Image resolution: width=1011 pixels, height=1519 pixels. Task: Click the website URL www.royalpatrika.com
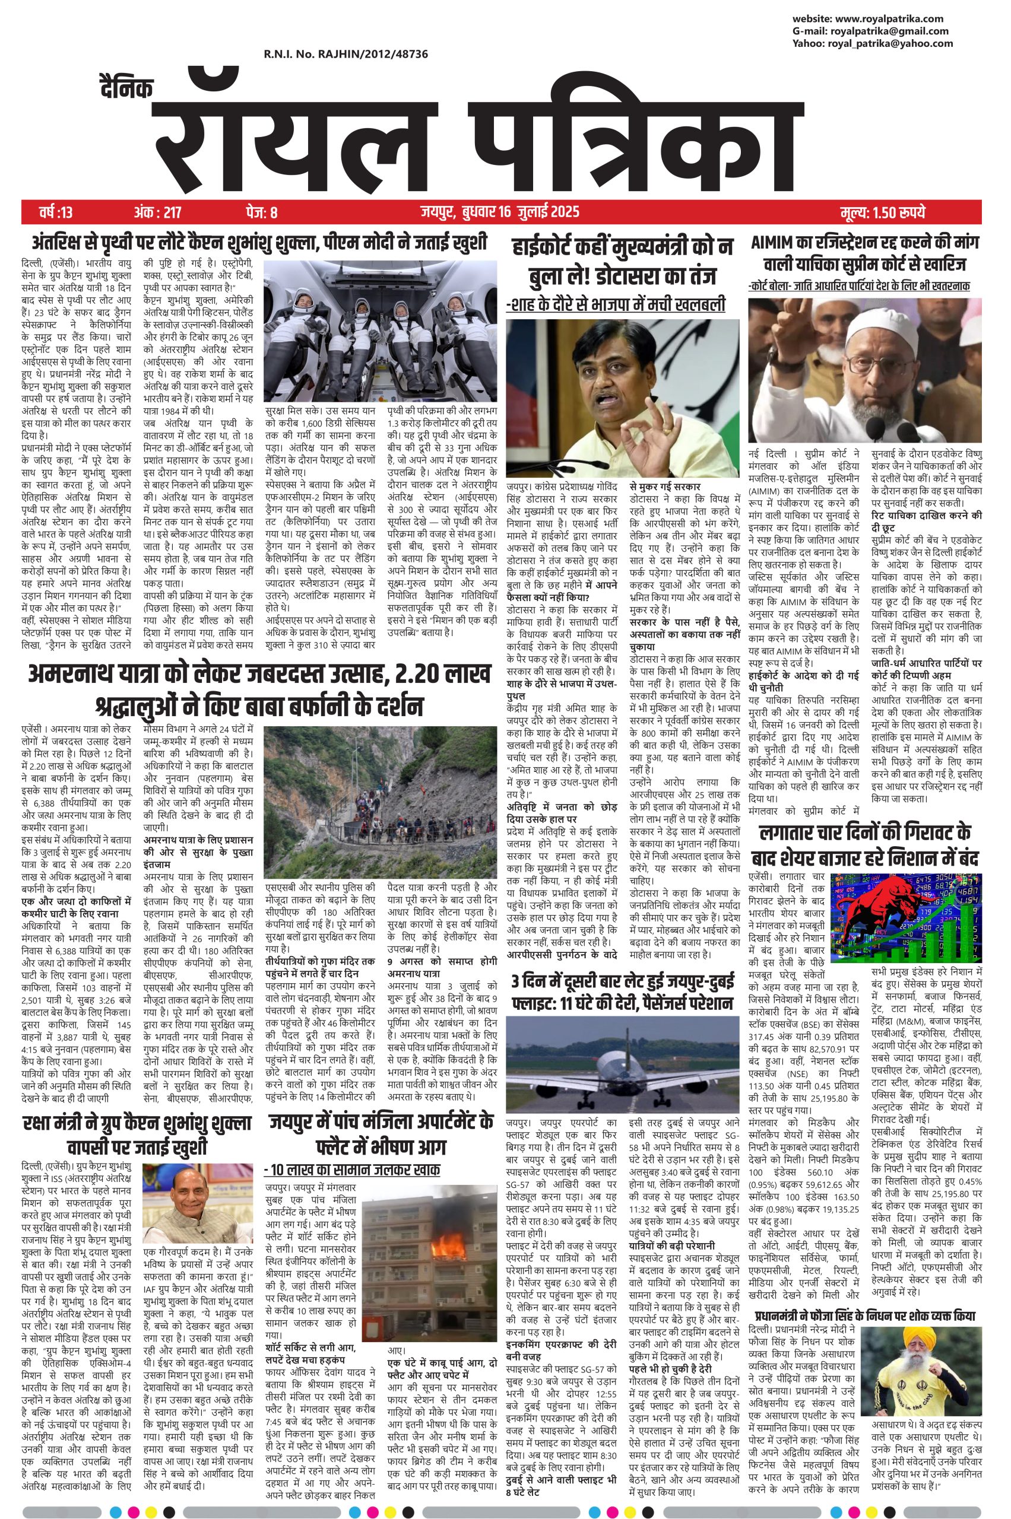click(893, 18)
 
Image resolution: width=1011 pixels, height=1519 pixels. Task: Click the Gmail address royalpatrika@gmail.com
click(889, 31)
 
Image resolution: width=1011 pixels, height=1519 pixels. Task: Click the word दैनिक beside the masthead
click(126, 88)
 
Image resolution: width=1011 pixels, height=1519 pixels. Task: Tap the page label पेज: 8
click(261, 211)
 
